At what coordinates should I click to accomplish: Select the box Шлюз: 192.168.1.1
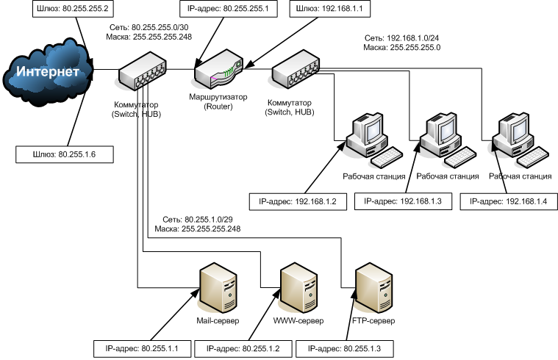[329, 9]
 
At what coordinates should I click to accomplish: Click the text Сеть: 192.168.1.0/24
[401, 37]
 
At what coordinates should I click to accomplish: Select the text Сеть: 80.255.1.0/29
[198, 219]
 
